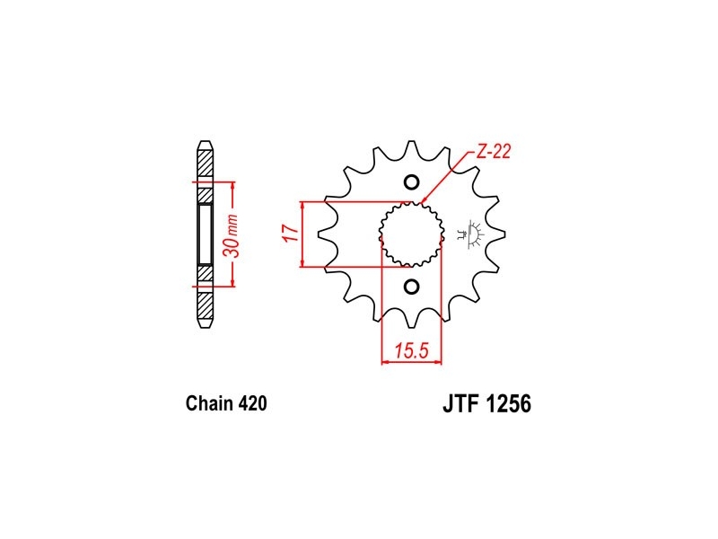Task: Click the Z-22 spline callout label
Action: coord(493,152)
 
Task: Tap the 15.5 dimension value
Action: coord(412,350)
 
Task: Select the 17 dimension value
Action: coord(291,233)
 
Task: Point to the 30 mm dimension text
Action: coord(232,235)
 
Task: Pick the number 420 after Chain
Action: coord(252,403)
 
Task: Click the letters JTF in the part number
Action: coord(460,404)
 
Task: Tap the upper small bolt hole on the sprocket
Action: coord(412,182)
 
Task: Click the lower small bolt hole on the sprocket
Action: coord(412,287)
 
